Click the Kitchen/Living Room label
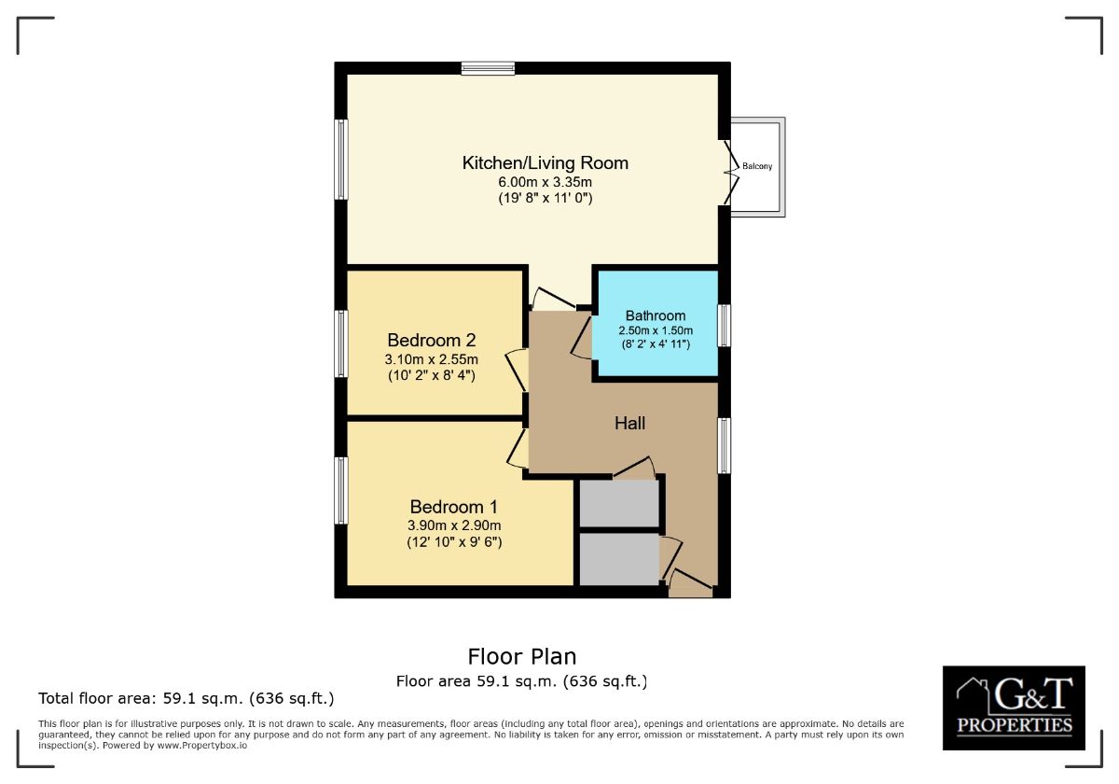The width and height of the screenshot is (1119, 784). [x=546, y=163]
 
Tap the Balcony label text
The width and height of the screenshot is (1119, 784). [x=757, y=167]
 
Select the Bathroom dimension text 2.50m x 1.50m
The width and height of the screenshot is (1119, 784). [x=656, y=330]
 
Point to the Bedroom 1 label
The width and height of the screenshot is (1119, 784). [x=454, y=507]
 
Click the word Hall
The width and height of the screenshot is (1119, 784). [x=629, y=423]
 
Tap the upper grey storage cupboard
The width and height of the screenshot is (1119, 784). [x=619, y=503]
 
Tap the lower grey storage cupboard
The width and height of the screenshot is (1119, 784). [x=619, y=559]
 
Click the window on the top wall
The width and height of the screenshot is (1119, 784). [x=488, y=68]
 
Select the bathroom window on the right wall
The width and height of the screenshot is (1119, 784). [x=725, y=326]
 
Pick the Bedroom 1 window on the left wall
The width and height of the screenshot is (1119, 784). [x=341, y=490]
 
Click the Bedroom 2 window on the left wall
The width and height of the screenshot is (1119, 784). [x=341, y=343]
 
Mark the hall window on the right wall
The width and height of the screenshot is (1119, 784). [x=725, y=445]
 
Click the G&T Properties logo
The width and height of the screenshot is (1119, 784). [x=1014, y=707]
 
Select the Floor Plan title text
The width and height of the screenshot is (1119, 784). [x=522, y=656]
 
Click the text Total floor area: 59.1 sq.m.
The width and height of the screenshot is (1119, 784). [x=186, y=698]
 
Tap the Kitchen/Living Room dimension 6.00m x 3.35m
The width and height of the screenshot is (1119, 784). [x=546, y=182]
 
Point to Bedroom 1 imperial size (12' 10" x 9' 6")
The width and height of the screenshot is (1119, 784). [x=454, y=541]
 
